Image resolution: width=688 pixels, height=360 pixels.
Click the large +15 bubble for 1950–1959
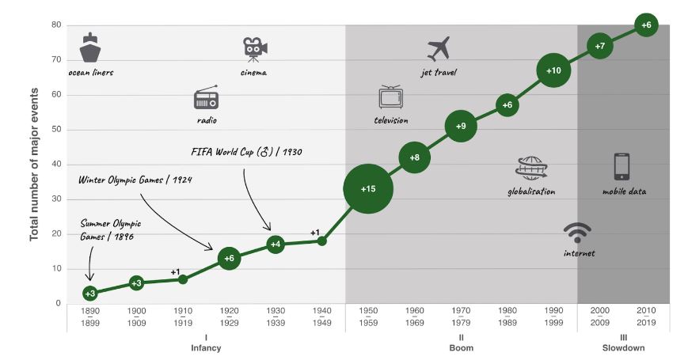pos(369,188)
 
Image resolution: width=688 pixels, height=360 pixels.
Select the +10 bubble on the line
pos(554,70)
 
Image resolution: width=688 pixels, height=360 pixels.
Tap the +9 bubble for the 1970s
pos(462,126)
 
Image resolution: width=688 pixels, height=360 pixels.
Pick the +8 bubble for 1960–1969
pos(415,157)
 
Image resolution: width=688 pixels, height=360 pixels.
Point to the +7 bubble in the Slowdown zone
pos(600,46)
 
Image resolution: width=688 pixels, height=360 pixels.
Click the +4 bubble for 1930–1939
pos(276,244)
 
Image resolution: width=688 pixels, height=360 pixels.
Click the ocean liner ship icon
pos(90,49)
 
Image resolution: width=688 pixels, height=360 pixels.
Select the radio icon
pos(206,100)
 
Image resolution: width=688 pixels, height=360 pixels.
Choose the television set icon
pos(391,97)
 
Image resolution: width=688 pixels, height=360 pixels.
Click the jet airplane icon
pos(438,49)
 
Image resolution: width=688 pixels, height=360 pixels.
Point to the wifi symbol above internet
pos(577,233)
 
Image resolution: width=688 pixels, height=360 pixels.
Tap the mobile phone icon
pos(621,167)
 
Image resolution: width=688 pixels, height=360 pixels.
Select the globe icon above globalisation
pos(531,168)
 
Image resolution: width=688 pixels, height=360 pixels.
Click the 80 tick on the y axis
pos(57,25)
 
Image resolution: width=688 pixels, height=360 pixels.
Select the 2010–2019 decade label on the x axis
pos(647,317)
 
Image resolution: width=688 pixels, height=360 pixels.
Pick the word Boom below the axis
pos(462,347)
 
